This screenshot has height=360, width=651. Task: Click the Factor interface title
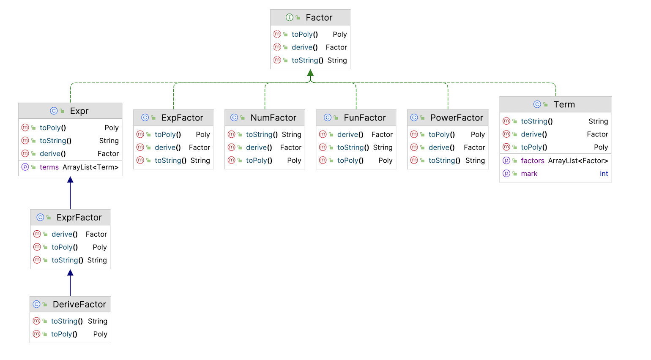pos(319,17)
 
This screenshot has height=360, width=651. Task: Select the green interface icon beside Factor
pos(289,17)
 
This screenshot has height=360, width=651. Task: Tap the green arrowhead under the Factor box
pos(310,73)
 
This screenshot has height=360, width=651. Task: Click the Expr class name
pos(79,111)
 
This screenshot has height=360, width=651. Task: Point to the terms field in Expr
pos(49,167)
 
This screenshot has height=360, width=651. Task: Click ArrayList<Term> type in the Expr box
pos(90,167)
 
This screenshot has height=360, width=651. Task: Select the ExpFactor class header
pos(182,117)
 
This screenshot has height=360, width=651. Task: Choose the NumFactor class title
pos(273,117)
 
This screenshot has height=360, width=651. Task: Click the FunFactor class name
pos(365,117)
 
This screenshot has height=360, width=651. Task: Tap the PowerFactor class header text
pos(457,117)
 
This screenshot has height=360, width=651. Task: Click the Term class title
pos(564,104)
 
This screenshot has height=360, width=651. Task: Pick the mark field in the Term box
pos(529,174)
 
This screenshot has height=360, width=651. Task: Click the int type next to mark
pos(604,174)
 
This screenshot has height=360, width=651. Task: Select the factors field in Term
pos(533,161)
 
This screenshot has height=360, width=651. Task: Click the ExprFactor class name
pos(79,217)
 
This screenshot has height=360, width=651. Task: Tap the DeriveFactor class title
pos(79,304)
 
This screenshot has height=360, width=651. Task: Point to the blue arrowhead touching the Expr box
pos(70,180)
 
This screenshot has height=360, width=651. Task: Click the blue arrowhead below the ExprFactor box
pos(70,273)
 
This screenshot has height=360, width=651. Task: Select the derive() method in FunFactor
pos(350,134)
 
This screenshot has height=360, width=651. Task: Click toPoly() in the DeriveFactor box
pos(64,334)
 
